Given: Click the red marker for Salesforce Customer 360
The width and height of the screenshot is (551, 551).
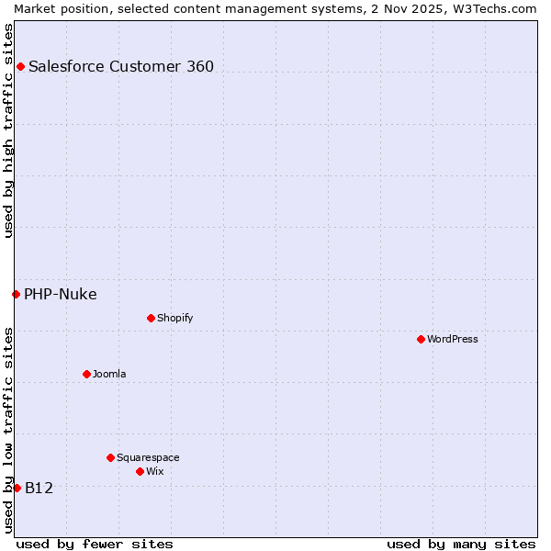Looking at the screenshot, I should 20,66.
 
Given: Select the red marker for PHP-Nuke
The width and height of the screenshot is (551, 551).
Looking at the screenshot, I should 16,294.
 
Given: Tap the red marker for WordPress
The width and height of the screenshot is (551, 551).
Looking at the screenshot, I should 421,339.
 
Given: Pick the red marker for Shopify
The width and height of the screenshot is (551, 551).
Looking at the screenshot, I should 151,318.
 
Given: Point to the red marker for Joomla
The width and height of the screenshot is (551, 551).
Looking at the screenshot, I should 86,374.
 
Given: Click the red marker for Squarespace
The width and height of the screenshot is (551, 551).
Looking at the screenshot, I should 110,457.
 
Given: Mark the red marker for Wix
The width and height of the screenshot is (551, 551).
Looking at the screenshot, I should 140,471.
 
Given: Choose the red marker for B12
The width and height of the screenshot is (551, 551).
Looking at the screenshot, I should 17,488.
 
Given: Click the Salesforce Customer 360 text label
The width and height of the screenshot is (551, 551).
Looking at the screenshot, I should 121,66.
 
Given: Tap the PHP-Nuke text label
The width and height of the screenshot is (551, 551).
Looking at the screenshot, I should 61,294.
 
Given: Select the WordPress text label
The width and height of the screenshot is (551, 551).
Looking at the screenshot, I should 453,339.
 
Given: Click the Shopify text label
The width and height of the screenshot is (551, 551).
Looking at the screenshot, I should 174,318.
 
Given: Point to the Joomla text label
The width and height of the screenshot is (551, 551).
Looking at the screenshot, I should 109,374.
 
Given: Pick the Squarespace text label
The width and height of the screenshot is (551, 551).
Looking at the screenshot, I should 148,457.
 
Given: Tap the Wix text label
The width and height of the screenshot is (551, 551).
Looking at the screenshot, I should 154,471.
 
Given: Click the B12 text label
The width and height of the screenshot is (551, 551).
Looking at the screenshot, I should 39,488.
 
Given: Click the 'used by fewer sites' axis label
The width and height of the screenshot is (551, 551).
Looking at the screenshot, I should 95,544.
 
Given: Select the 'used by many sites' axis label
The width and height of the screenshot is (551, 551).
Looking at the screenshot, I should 461,544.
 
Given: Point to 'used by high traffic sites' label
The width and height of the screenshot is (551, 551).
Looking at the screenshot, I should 8,129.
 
